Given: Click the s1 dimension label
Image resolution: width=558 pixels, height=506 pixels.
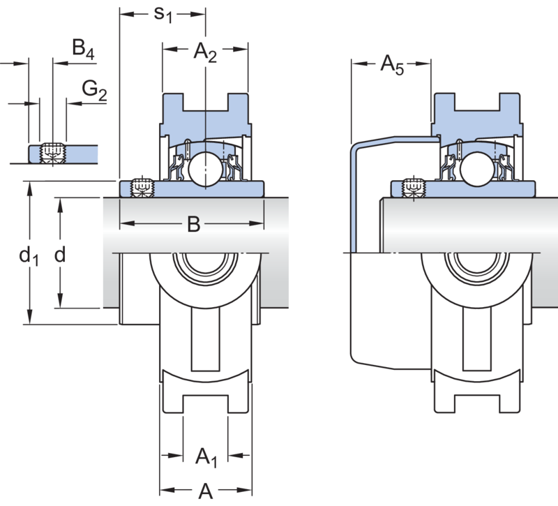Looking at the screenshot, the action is pos(163,15).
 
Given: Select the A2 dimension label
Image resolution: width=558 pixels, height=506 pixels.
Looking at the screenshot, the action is pos(205,53).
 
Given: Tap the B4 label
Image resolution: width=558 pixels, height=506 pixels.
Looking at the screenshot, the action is pos(83,49).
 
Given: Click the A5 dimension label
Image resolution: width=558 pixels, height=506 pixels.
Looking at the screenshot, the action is pos(392,65).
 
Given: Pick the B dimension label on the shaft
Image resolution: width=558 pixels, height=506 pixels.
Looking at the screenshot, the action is pos(194,225).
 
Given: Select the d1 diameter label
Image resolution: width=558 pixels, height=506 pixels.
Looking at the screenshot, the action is pos(29,256).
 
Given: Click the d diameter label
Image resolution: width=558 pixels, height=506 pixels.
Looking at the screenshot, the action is pos(60,255).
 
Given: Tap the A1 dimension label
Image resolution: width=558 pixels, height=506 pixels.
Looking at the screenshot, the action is pos(206,457).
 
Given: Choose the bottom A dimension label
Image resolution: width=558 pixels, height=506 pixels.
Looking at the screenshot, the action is pos(205,491).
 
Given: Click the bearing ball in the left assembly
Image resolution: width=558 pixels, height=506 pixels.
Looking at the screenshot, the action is pos(205,169).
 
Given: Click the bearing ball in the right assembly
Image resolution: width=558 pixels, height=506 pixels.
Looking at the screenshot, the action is pos(476,169).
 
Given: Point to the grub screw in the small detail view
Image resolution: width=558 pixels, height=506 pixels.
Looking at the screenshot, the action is pos(53,153).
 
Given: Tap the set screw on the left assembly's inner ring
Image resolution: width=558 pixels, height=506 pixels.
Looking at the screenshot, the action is pos(142,187).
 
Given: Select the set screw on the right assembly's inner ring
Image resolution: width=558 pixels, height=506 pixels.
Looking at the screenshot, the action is pos(414,187).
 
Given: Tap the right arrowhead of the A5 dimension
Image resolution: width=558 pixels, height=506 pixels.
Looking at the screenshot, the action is pos(423,64).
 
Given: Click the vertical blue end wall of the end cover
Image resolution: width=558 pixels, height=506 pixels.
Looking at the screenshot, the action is pos(354,200).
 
